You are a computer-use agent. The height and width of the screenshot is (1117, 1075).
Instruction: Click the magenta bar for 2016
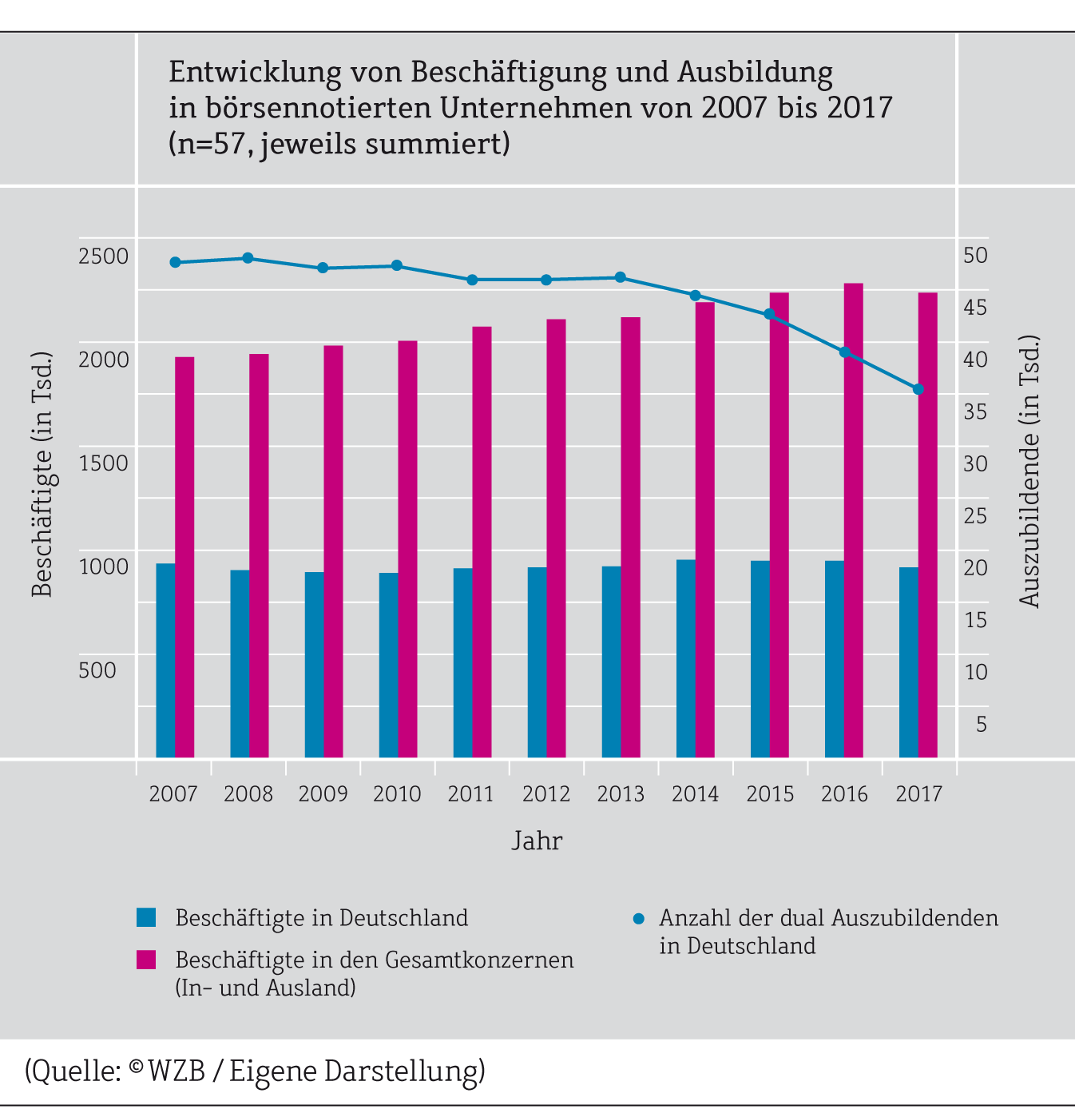click(x=854, y=520)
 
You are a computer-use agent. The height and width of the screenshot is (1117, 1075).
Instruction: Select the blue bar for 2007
click(x=165, y=660)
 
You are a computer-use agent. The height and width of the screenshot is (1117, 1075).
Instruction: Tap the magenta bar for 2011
click(x=482, y=542)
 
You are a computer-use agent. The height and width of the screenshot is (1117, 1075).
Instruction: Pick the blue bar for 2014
click(x=685, y=658)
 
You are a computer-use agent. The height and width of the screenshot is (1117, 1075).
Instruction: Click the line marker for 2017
click(x=918, y=389)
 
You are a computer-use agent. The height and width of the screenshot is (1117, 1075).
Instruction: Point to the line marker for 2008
click(x=248, y=258)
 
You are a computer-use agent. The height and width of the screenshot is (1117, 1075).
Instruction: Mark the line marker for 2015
click(x=769, y=314)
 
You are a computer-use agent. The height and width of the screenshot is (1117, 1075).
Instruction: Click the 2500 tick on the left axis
click(x=104, y=256)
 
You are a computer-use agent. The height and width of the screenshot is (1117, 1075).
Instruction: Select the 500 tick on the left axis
click(x=97, y=670)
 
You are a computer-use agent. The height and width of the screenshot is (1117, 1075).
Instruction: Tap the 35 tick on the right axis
click(x=975, y=411)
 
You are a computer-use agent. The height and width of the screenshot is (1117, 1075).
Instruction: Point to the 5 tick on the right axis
click(x=982, y=724)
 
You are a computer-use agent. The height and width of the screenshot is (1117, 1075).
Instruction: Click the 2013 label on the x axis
click(x=621, y=793)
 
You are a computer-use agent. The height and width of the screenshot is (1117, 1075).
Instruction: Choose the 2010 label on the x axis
click(x=397, y=793)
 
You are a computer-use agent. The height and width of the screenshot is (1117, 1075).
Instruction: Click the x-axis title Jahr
click(x=537, y=841)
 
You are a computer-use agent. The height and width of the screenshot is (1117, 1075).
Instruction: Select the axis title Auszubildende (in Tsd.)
click(x=1029, y=471)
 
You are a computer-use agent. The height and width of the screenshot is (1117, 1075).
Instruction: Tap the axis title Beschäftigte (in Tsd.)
click(x=42, y=473)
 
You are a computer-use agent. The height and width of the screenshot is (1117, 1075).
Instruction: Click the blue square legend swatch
click(x=146, y=917)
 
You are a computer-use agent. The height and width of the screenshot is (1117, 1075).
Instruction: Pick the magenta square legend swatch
click(x=146, y=960)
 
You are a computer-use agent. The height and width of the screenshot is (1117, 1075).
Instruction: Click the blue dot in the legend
click(x=638, y=918)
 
